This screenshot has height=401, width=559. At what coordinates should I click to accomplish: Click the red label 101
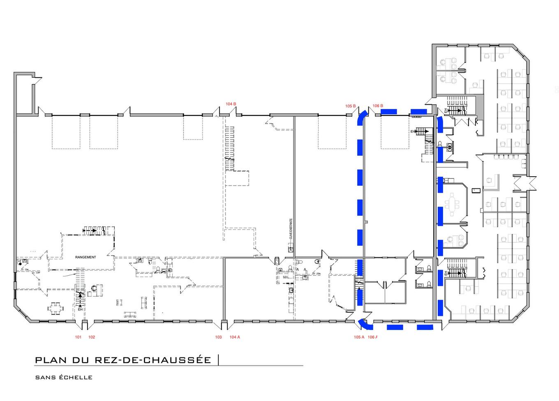(x=78, y=337)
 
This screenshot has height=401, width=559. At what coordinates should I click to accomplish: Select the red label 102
(x=92, y=337)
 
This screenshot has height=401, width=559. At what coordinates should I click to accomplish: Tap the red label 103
(x=218, y=337)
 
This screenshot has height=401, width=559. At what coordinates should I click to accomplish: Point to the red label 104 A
(x=235, y=337)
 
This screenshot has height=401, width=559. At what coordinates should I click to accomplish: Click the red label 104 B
(x=231, y=104)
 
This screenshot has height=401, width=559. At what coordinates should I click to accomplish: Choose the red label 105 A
(x=359, y=337)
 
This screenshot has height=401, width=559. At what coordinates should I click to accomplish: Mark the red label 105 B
(x=350, y=106)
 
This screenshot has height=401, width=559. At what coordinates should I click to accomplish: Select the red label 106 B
(x=378, y=106)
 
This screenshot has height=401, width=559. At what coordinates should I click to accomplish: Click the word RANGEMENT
(x=85, y=257)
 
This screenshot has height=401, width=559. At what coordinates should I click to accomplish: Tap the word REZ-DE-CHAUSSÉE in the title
(x=153, y=360)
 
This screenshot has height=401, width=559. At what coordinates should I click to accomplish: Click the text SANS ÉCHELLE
(x=64, y=378)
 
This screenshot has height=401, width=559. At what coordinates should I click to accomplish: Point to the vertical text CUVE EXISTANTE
(x=291, y=229)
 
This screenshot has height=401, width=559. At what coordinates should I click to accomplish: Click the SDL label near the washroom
(x=285, y=277)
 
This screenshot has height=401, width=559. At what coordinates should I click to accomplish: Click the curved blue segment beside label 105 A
(x=364, y=325)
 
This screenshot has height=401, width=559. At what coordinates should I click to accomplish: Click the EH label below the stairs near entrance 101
(x=80, y=309)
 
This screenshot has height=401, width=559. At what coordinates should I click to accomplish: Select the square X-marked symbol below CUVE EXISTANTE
(x=291, y=249)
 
